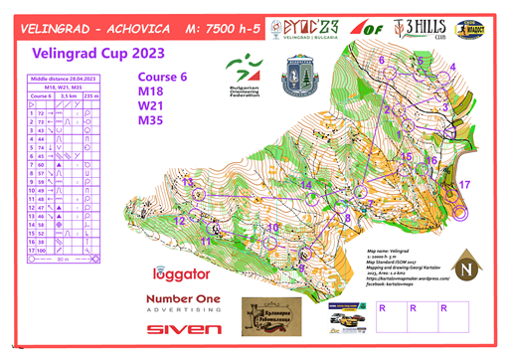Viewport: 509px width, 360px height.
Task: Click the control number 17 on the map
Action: click(x=464, y=185)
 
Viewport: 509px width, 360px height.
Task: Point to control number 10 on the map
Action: click(x=271, y=228)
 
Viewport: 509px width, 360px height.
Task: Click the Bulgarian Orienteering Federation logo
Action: click(x=243, y=79)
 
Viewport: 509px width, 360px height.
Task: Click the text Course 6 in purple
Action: click(x=164, y=75)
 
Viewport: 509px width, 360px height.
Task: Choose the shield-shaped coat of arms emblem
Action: click(x=299, y=75)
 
